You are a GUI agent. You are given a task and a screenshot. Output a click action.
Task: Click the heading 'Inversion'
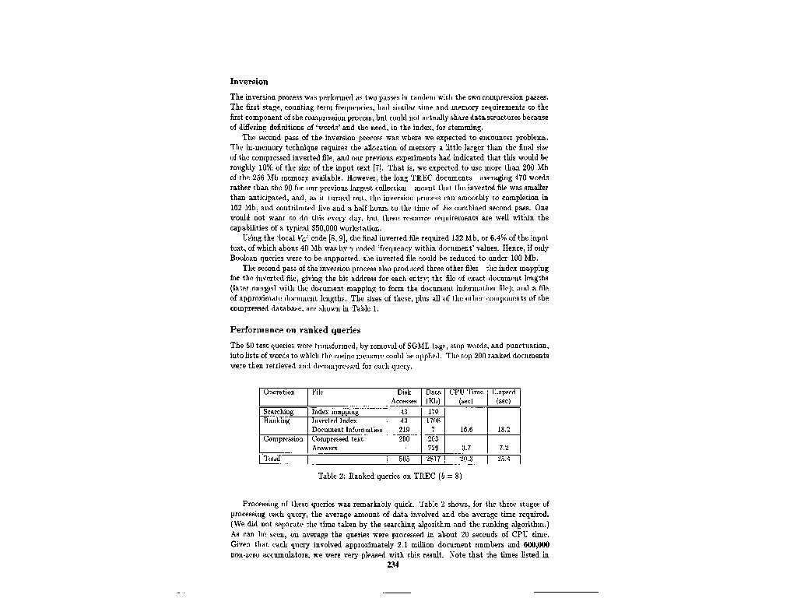point(249,81)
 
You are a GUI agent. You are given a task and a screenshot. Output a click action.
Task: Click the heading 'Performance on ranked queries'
point(295,329)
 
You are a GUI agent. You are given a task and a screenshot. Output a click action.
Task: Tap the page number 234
point(393,565)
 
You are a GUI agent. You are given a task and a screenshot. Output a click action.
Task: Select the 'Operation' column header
point(279,392)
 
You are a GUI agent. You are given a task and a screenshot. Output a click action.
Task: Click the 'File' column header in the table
point(317,392)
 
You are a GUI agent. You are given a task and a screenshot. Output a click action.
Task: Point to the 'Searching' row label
point(278,411)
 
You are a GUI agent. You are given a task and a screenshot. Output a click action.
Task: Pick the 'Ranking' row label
point(276,420)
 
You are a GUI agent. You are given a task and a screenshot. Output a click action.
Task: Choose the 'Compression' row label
point(283,439)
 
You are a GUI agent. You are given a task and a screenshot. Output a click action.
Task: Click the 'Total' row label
point(272,459)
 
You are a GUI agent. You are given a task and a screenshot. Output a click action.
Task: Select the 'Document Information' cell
point(347,430)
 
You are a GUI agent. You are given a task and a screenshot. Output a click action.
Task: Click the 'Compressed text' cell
point(337,439)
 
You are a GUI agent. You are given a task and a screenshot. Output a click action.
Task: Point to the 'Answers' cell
point(325,448)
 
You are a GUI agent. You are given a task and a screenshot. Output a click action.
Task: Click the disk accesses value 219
point(404,430)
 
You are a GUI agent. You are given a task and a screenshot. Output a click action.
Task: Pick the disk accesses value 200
point(404,439)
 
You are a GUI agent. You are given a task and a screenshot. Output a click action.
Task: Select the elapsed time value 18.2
point(504,430)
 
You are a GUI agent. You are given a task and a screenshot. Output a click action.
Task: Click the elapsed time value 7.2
point(504,448)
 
